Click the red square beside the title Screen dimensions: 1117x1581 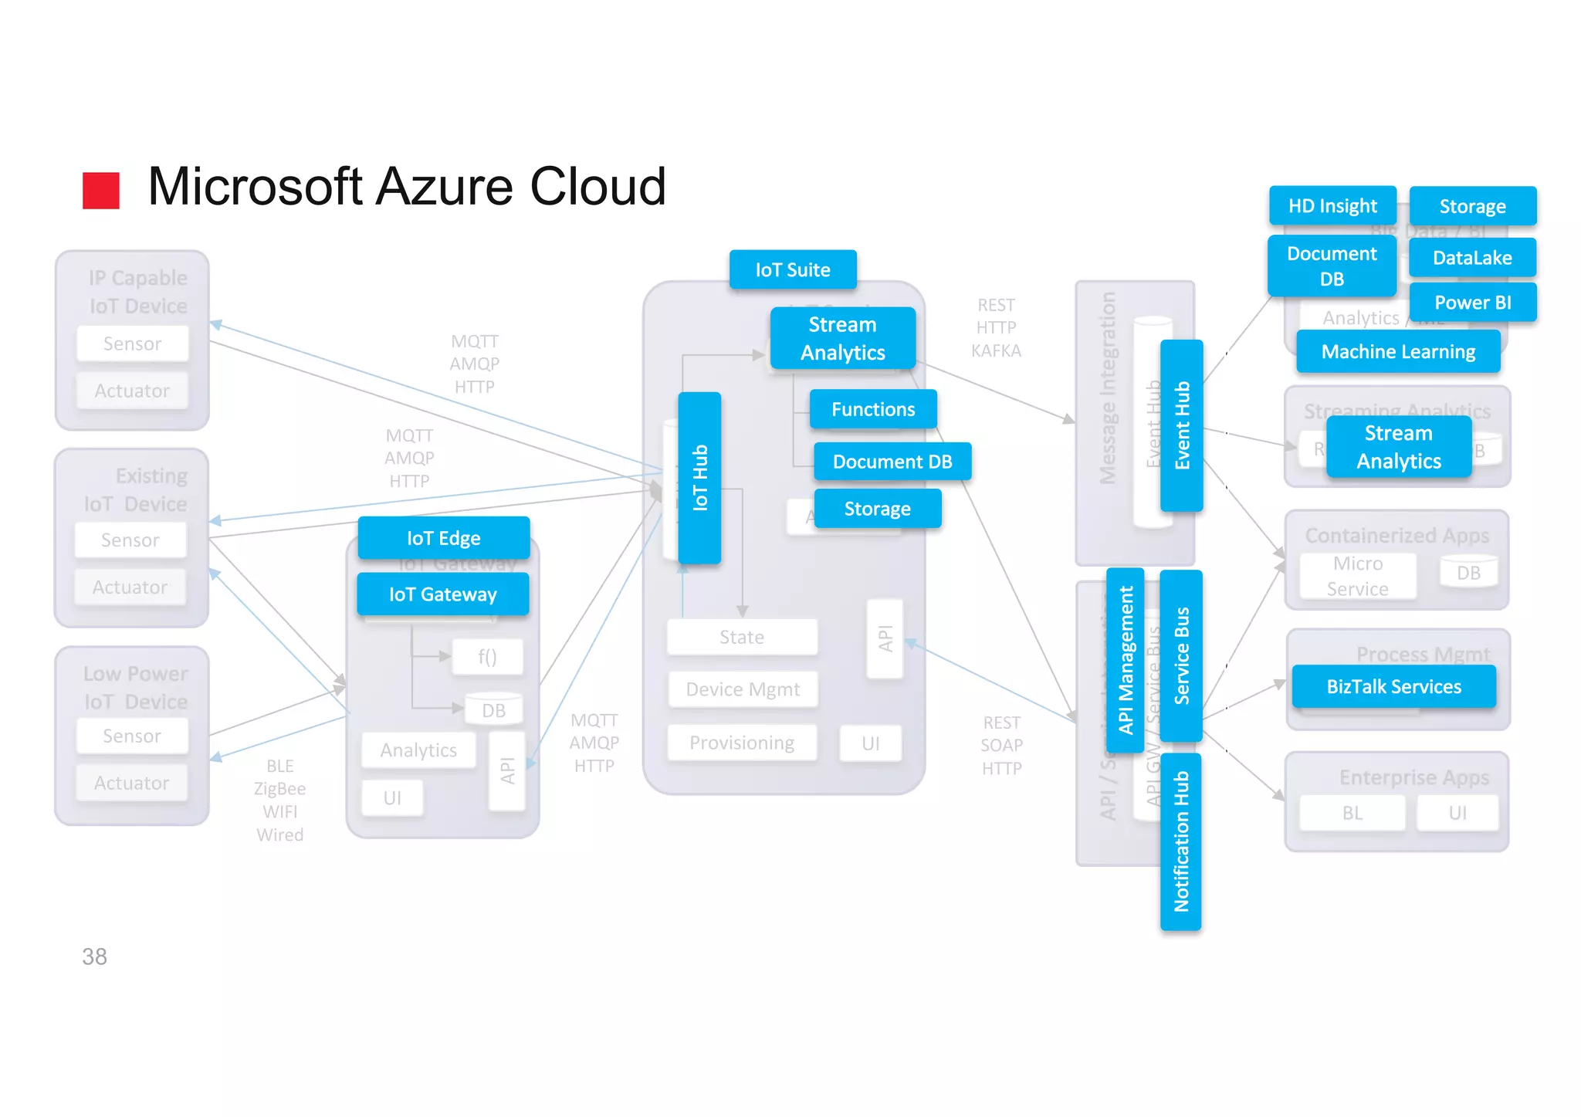pos(101,190)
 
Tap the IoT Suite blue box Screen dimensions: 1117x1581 pos(793,269)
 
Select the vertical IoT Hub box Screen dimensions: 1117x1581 pos(699,478)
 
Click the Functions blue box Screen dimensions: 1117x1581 pos(872,409)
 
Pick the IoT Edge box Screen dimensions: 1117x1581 pos(443,537)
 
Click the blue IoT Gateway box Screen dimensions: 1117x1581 pos(442,594)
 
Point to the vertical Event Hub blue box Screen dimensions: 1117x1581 pos(1181,425)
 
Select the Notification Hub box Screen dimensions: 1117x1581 pos(1180,841)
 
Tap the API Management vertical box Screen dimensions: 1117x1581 pos(1125,660)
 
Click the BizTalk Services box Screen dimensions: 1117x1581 pos(1393,686)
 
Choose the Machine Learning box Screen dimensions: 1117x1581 pos(1398,351)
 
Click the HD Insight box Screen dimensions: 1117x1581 pos(1332,205)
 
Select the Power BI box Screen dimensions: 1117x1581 pos(1472,302)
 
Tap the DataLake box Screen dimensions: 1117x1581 pos(1472,257)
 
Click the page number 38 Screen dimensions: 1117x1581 pos(94,956)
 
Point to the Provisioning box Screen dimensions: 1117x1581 pos(741,743)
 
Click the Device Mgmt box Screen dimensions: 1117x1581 pos(742,689)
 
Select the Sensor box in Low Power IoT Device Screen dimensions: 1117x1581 pos(132,736)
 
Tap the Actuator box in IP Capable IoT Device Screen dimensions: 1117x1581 pos(132,391)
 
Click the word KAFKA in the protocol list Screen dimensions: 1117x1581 pos(996,350)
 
